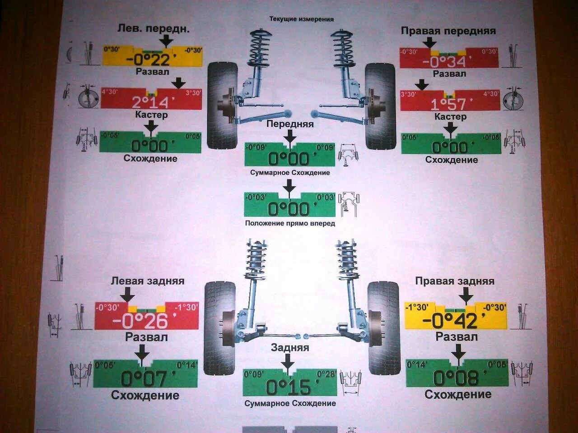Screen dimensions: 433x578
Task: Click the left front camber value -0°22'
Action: (x=148, y=60)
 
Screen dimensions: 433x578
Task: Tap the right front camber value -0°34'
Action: (x=447, y=61)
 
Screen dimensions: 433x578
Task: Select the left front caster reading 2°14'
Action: (x=150, y=102)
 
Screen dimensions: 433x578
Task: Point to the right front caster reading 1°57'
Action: (x=448, y=105)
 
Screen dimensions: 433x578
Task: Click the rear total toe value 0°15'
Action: (x=289, y=387)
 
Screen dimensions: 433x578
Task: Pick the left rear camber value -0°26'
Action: (x=140, y=321)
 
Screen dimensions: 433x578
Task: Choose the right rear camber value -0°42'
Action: (x=450, y=321)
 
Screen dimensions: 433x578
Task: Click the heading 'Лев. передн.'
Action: (x=154, y=28)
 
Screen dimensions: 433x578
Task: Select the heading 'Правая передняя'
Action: (x=448, y=31)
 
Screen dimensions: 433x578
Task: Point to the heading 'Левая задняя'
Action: (x=148, y=281)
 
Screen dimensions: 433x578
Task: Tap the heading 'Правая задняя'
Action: (x=455, y=281)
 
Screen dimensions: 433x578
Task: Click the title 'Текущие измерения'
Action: (x=301, y=19)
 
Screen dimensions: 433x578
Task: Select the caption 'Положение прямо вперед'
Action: (x=290, y=223)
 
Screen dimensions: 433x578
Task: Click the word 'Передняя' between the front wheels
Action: (x=290, y=124)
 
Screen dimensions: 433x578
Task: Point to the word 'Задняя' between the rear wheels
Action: (x=290, y=347)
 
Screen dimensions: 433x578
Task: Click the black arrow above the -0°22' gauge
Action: (x=166, y=41)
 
